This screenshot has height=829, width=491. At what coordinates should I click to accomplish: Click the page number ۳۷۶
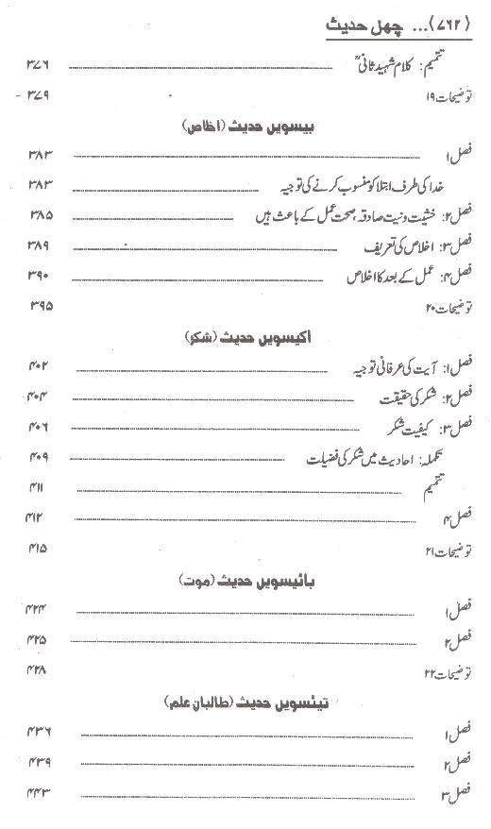click(37, 65)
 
